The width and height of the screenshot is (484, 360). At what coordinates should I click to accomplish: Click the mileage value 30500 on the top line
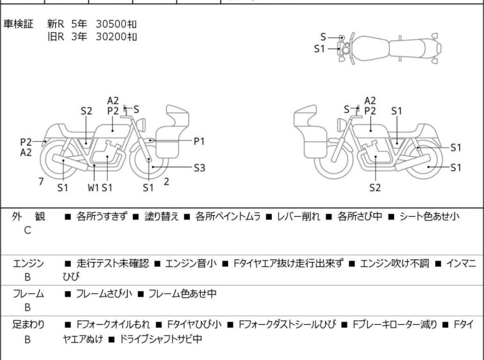coord(111,24)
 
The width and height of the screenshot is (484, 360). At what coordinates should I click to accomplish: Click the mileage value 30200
coord(111,37)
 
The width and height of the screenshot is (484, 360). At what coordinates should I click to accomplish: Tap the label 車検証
coord(18,24)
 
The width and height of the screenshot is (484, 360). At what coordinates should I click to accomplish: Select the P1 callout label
coord(199,141)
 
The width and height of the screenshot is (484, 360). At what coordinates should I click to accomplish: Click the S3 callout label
coord(199,167)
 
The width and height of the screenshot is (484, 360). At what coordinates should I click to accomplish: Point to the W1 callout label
coord(93,187)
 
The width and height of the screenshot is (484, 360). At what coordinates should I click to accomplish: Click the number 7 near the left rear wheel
coord(41,182)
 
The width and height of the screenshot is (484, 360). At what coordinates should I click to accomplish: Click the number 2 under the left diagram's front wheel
coord(167,182)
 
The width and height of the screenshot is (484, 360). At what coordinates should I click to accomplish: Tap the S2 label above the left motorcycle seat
coord(87,111)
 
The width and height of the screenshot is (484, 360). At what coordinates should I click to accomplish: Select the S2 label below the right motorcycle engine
coord(375,187)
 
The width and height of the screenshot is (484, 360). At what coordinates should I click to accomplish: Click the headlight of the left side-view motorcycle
coord(141,125)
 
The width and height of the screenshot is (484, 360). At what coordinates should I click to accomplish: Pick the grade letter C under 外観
coord(28,230)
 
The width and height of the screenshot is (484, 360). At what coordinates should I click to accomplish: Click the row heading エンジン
coord(28,264)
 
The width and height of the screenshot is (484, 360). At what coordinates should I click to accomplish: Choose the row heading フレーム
coord(28,293)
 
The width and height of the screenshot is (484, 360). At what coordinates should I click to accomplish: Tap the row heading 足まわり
coord(28,325)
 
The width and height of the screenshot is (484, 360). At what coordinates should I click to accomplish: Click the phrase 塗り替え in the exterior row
coord(162,216)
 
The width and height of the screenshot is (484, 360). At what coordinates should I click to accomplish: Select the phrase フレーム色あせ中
coord(183,293)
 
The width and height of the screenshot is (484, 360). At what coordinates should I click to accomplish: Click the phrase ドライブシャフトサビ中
coord(160,339)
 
